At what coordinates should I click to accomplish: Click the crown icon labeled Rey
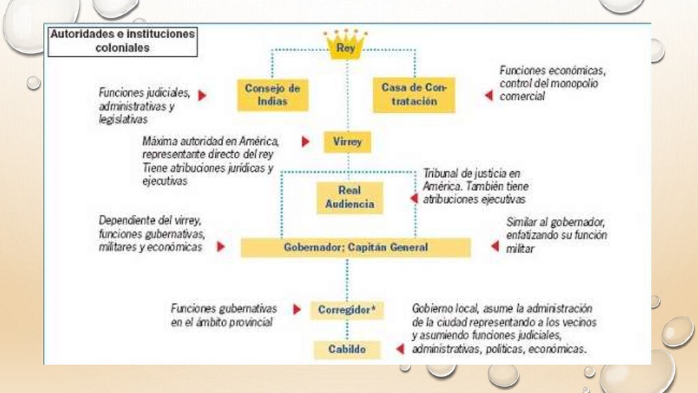(346, 45)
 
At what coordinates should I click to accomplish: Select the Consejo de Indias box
(273, 94)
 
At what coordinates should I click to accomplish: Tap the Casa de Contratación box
(414, 94)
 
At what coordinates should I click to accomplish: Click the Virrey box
(347, 143)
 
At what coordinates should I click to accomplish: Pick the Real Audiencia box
(349, 196)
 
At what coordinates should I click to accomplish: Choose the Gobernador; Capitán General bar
(355, 247)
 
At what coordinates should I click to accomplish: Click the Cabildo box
(347, 349)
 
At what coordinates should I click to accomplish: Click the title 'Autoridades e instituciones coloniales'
(122, 40)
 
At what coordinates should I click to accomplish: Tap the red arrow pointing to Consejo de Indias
(202, 96)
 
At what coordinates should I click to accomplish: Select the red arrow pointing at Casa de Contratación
(488, 96)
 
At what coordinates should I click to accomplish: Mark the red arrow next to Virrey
(305, 142)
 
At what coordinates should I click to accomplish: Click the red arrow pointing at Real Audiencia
(413, 198)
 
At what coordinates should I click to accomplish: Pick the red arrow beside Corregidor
(297, 309)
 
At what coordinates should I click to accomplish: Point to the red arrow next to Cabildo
(399, 349)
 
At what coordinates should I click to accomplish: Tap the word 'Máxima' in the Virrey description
(161, 141)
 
